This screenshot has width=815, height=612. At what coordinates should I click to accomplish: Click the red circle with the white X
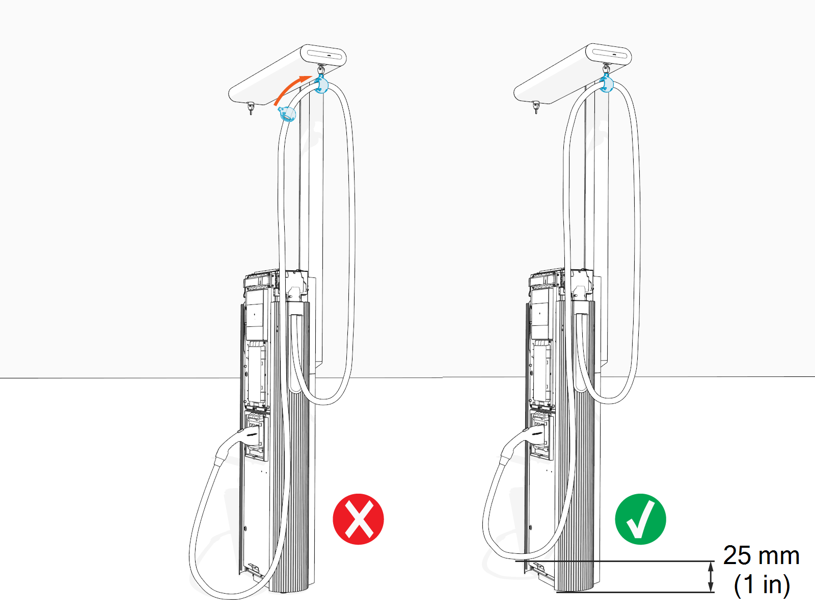[358, 519]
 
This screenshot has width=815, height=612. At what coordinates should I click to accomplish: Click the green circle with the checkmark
[640, 519]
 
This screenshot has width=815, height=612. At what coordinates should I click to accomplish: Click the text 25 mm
[761, 555]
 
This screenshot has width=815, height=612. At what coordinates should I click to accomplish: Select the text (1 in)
[762, 584]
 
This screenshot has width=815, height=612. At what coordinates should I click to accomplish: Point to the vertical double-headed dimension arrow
[712, 576]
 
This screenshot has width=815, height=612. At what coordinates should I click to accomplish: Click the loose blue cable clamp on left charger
[288, 114]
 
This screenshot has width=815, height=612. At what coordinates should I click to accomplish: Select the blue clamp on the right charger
[606, 83]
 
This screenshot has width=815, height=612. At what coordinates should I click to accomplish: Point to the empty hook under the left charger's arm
[250, 108]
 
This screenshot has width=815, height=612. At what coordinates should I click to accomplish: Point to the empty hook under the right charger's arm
[536, 107]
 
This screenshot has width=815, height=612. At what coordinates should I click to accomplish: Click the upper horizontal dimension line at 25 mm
[611, 562]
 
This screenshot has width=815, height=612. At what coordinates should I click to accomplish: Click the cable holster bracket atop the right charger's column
[581, 288]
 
